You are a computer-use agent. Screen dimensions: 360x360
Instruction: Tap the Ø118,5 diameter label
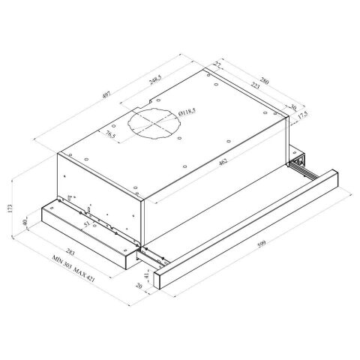click(187, 113)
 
